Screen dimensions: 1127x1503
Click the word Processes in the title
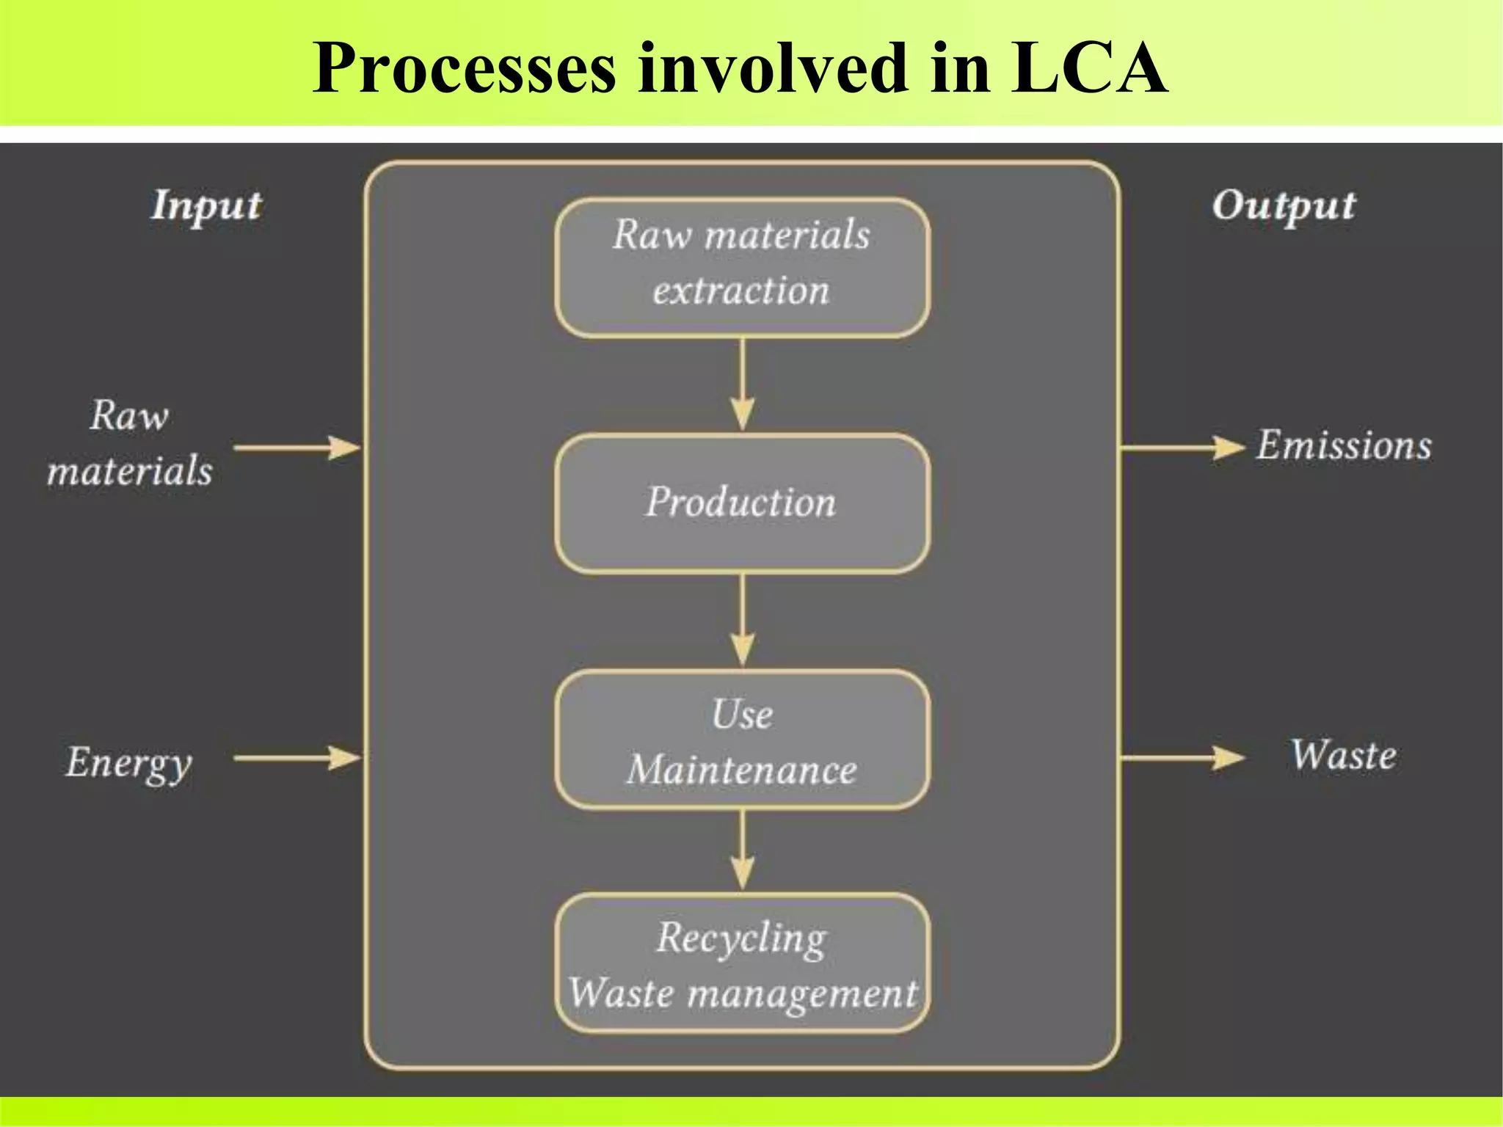(x=464, y=68)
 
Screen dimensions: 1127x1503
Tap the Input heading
(x=206, y=206)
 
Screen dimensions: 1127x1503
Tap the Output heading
(x=1284, y=206)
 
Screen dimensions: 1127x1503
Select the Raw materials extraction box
(x=742, y=268)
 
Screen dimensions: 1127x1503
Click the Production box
(x=742, y=503)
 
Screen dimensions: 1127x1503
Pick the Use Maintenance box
(x=742, y=740)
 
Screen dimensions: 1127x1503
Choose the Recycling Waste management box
(x=742, y=963)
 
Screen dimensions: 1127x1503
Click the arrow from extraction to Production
(x=743, y=385)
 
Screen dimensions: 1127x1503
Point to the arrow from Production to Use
(x=743, y=621)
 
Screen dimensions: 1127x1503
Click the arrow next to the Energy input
(x=297, y=758)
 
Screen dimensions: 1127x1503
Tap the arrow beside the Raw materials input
(x=297, y=447)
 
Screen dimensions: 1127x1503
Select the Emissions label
(x=1344, y=445)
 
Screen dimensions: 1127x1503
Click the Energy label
(x=129, y=762)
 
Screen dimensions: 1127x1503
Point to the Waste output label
(x=1343, y=756)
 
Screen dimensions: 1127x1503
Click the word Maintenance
(x=742, y=770)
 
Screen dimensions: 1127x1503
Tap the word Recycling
(x=742, y=938)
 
